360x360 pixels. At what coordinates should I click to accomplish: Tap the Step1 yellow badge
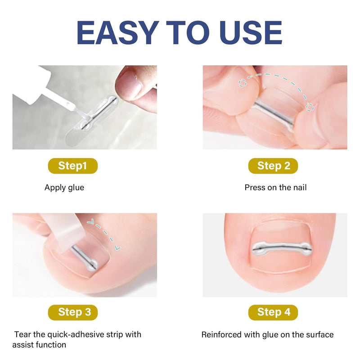click(73, 166)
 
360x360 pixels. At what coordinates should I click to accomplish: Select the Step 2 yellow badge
click(273, 166)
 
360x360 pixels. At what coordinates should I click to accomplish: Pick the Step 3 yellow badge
click(73, 312)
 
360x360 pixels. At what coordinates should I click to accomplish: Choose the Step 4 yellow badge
click(273, 312)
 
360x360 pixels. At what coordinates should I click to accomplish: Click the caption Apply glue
click(64, 188)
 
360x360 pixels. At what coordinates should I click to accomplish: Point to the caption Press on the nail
click(275, 188)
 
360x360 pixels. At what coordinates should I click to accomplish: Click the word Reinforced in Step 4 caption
click(221, 335)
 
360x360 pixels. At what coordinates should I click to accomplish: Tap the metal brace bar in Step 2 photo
click(273, 112)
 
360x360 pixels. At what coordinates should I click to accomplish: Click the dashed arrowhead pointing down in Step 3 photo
click(117, 248)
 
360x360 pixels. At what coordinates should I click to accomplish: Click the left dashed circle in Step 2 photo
click(242, 83)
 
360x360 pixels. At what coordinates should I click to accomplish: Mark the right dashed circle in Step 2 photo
click(310, 107)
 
